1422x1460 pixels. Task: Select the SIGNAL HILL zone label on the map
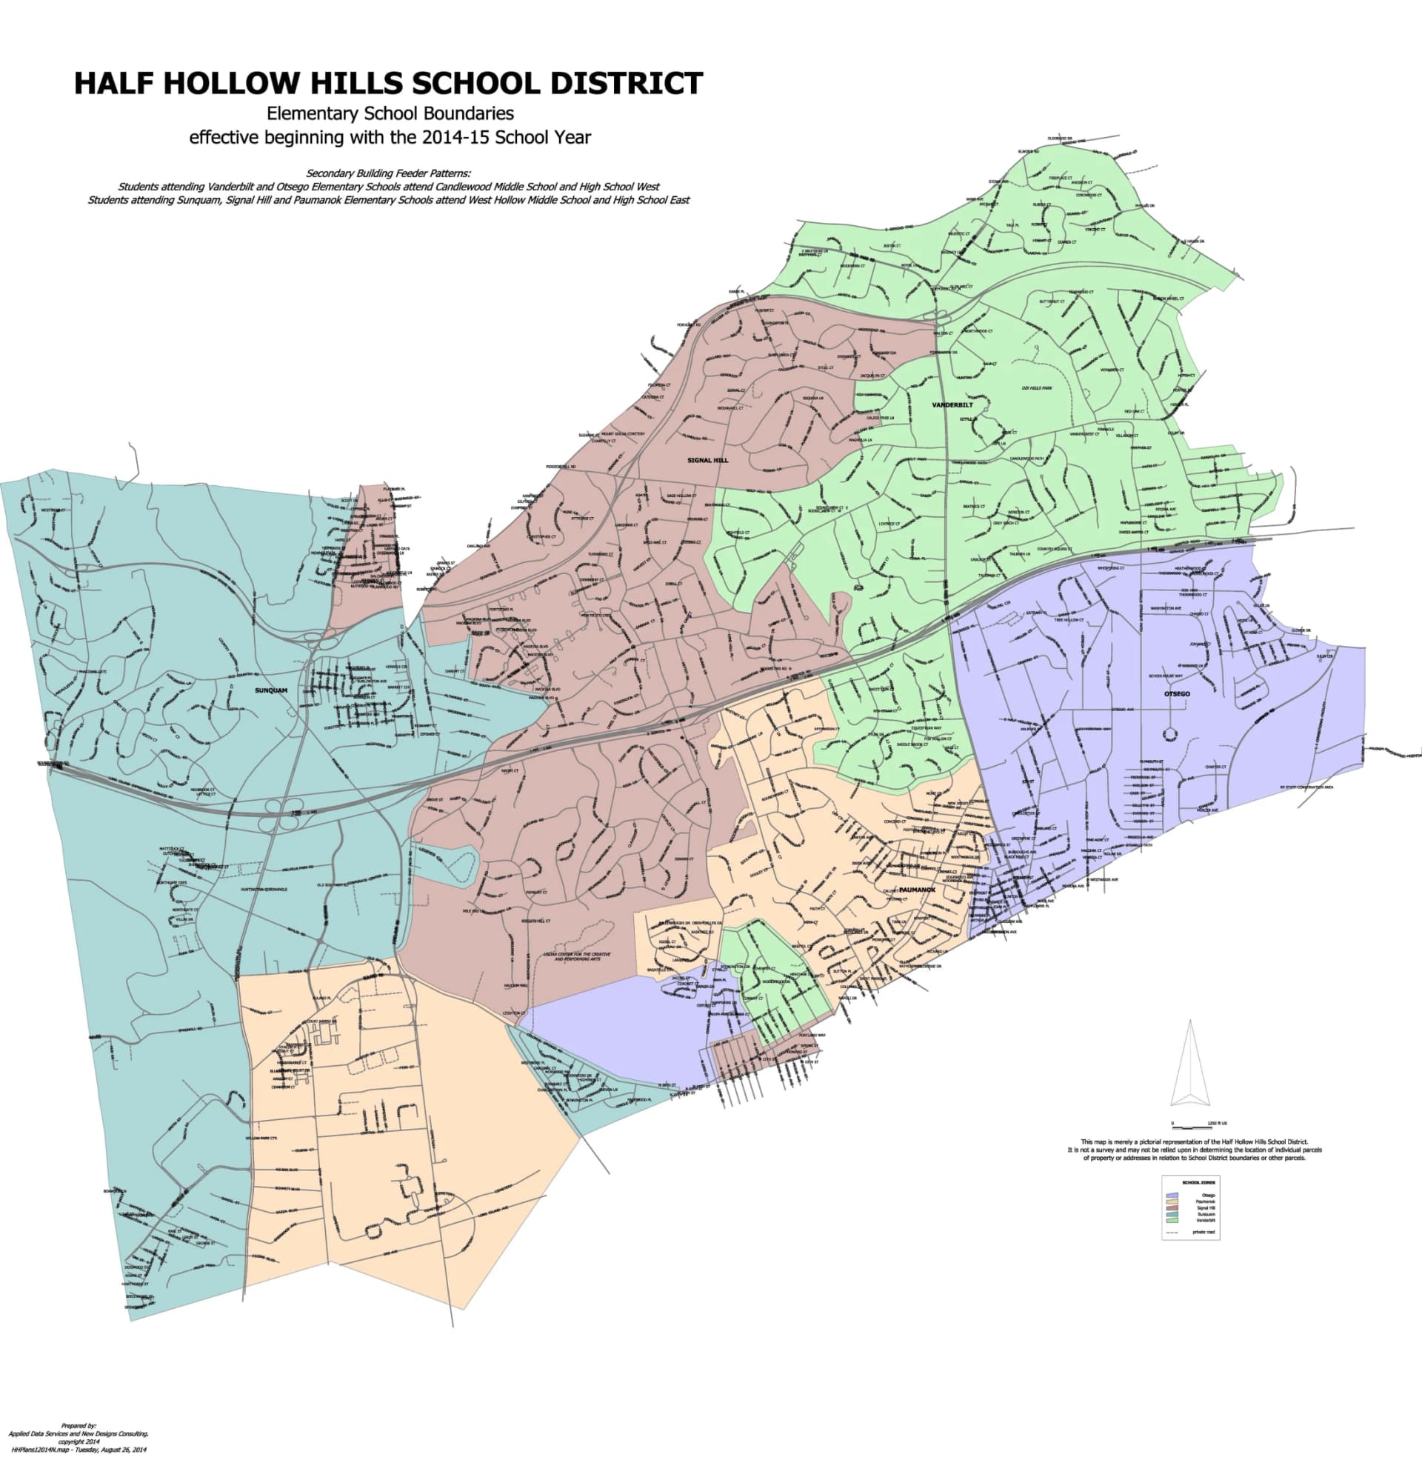tap(707, 460)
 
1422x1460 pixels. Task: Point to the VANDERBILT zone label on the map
tap(952, 404)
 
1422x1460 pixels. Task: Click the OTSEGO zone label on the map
tap(1177, 694)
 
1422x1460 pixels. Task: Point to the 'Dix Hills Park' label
tap(1037, 388)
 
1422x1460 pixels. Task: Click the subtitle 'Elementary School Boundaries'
tap(390, 113)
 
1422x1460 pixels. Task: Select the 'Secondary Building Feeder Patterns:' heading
tap(388, 173)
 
